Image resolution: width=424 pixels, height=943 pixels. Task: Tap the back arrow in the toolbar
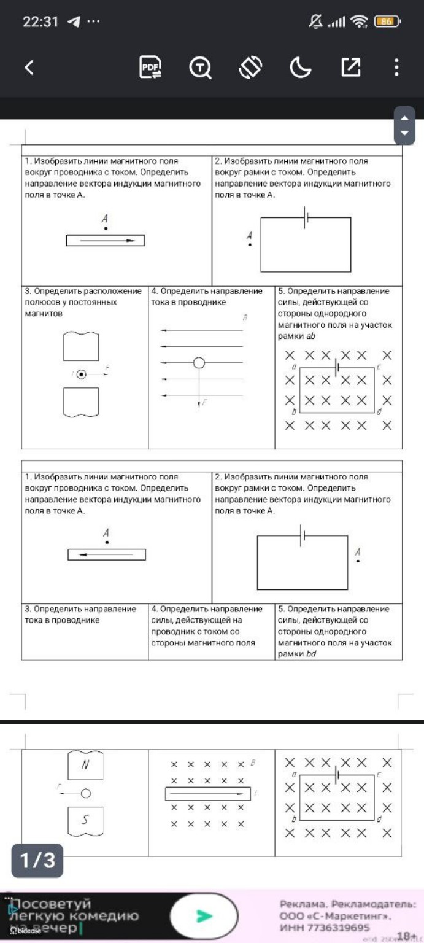[29, 68]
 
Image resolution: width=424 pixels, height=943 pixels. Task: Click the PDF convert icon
[150, 68]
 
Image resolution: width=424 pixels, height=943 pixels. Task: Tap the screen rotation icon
[250, 68]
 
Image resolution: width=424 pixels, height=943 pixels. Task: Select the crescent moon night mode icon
[301, 68]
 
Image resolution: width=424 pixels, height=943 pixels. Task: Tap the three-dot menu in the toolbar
[397, 68]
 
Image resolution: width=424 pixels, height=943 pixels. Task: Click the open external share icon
[350, 68]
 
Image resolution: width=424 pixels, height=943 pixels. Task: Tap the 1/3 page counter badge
[38, 860]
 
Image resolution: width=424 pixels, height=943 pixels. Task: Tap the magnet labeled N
[85, 765]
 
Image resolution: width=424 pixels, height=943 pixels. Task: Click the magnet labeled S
[85, 819]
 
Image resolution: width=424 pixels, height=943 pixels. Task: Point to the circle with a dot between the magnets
[81, 374]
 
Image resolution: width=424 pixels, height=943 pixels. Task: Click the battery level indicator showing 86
[387, 21]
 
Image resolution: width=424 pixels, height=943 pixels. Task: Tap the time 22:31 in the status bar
[40, 22]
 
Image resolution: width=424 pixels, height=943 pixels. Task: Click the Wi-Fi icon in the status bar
[358, 22]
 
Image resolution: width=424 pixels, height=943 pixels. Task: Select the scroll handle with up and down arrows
[404, 125]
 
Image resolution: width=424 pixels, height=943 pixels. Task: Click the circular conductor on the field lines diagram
[199, 363]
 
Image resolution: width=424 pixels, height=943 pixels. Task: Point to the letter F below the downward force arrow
[204, 403]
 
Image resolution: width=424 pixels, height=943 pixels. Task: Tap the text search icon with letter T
[201, 68]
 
